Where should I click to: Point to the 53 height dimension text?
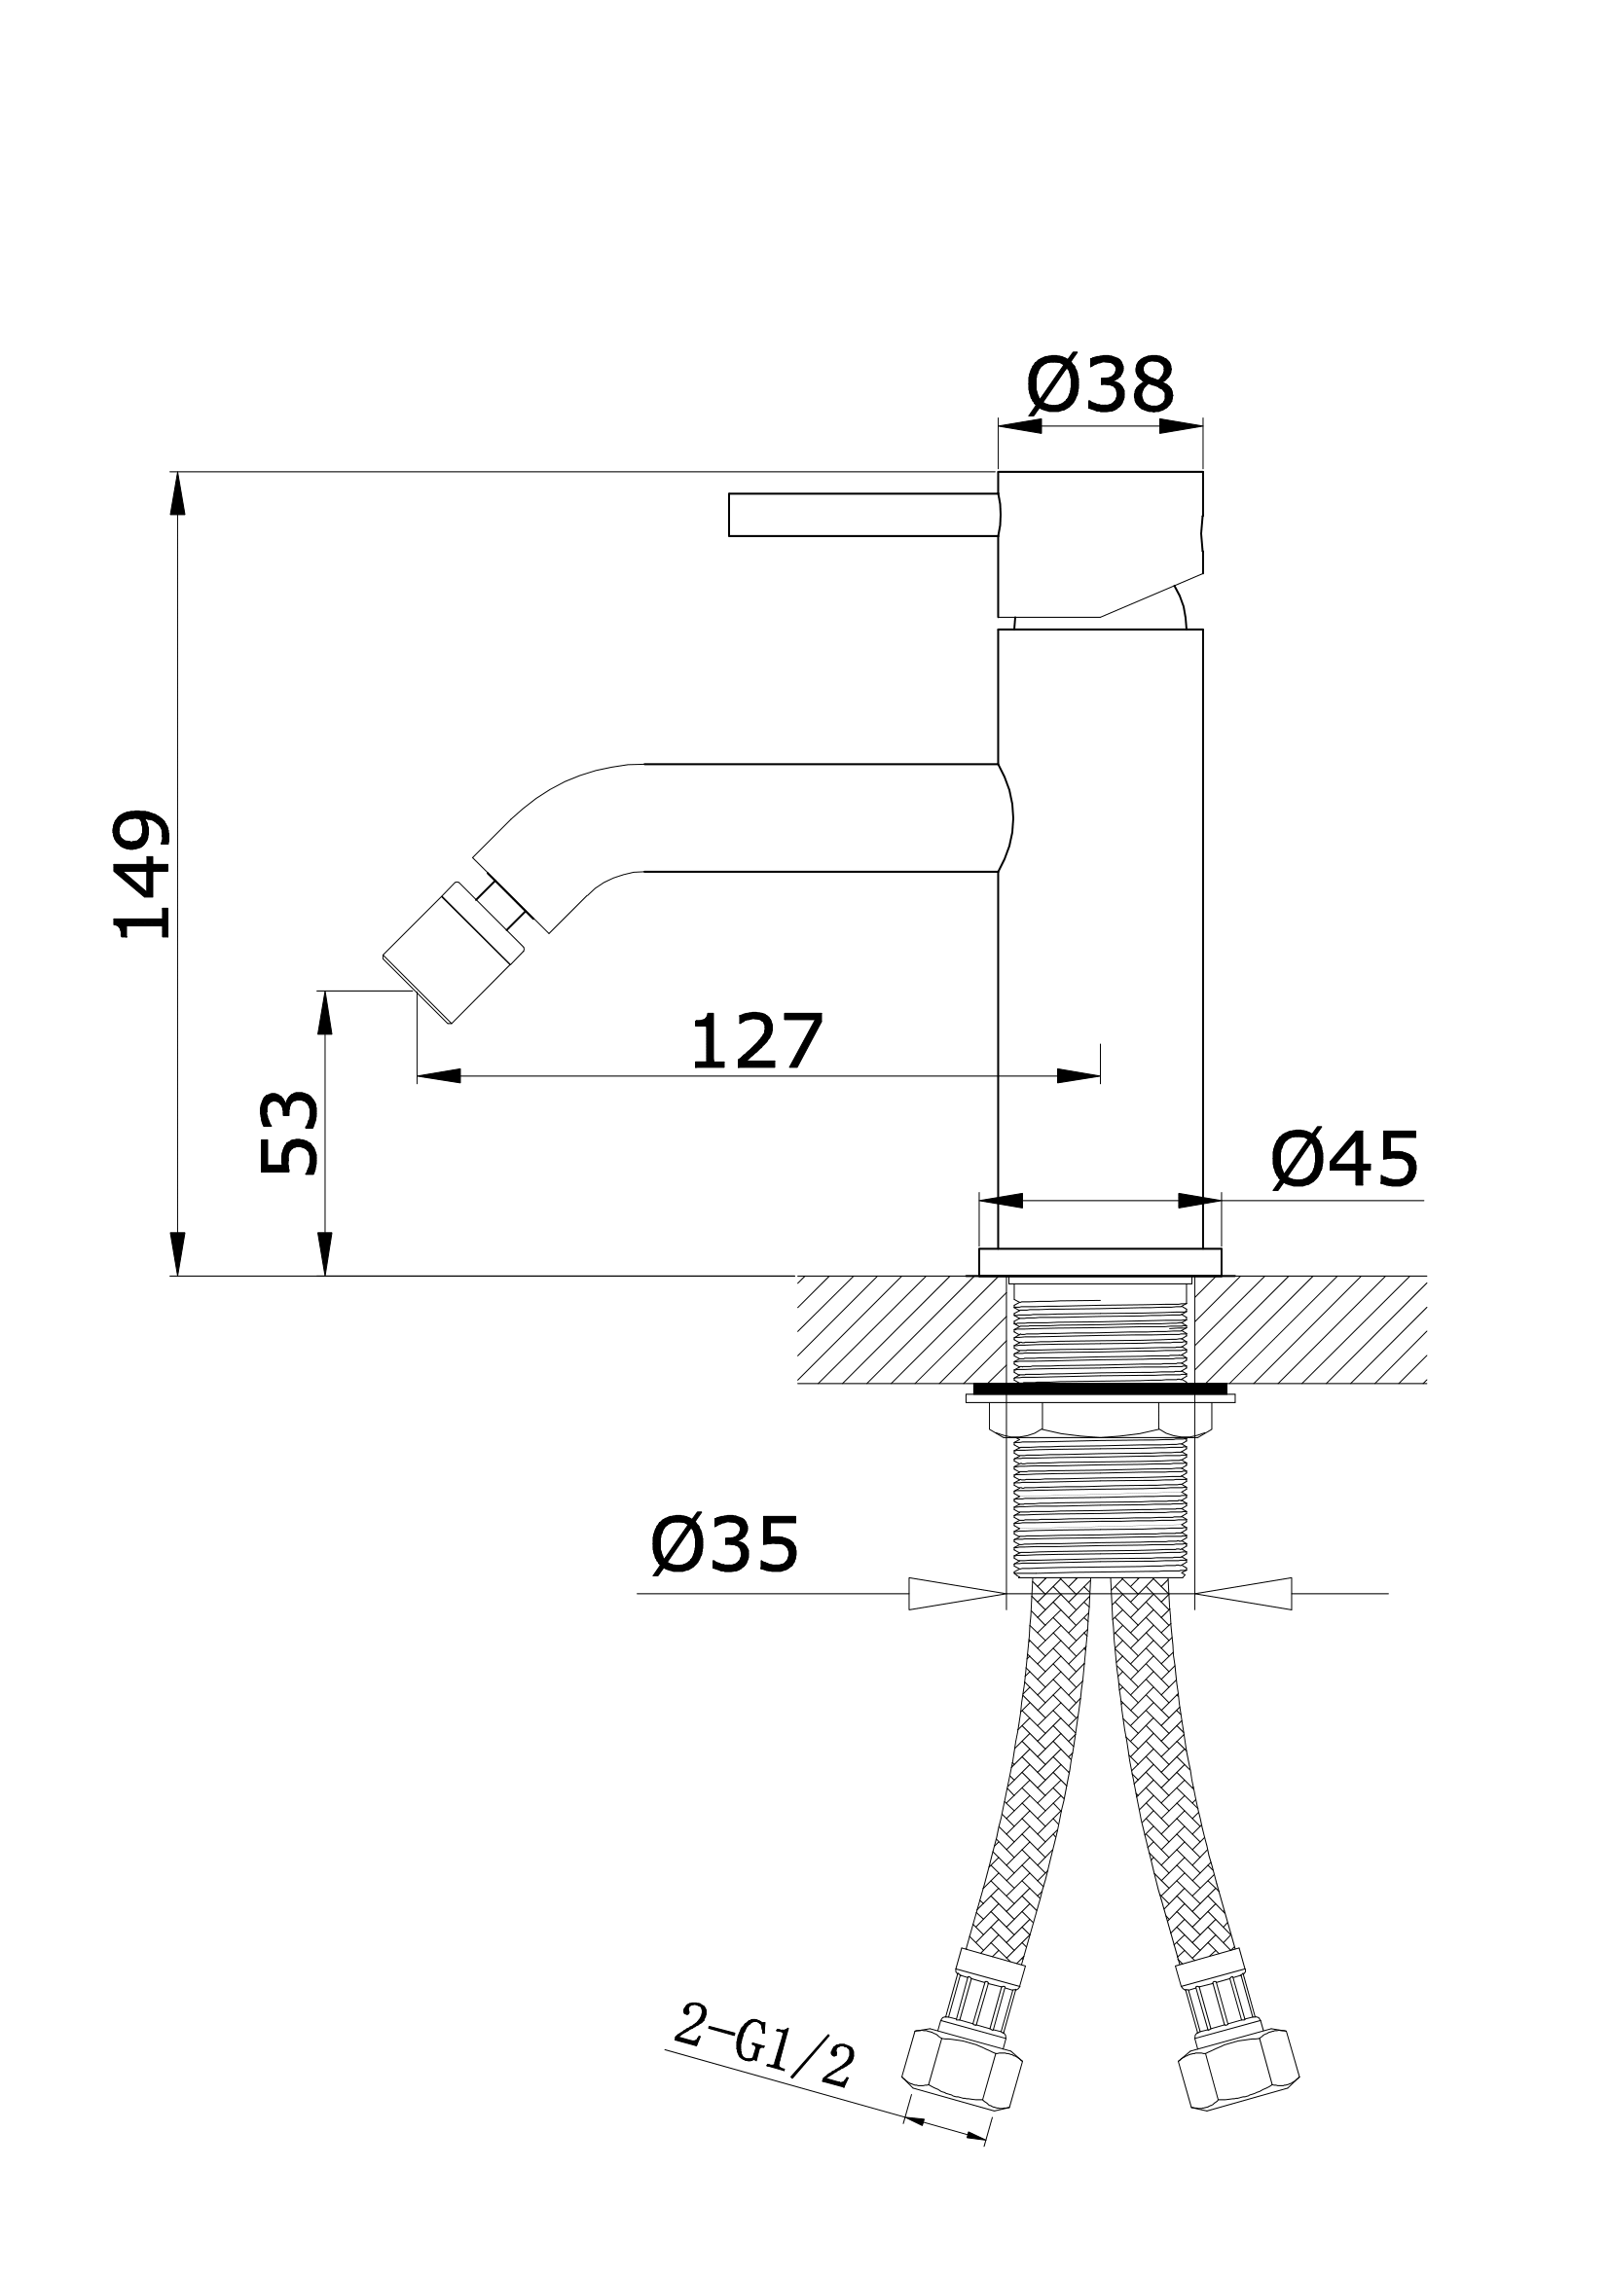(x=287, y=1133)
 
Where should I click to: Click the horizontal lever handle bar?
(x=863, y=515)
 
